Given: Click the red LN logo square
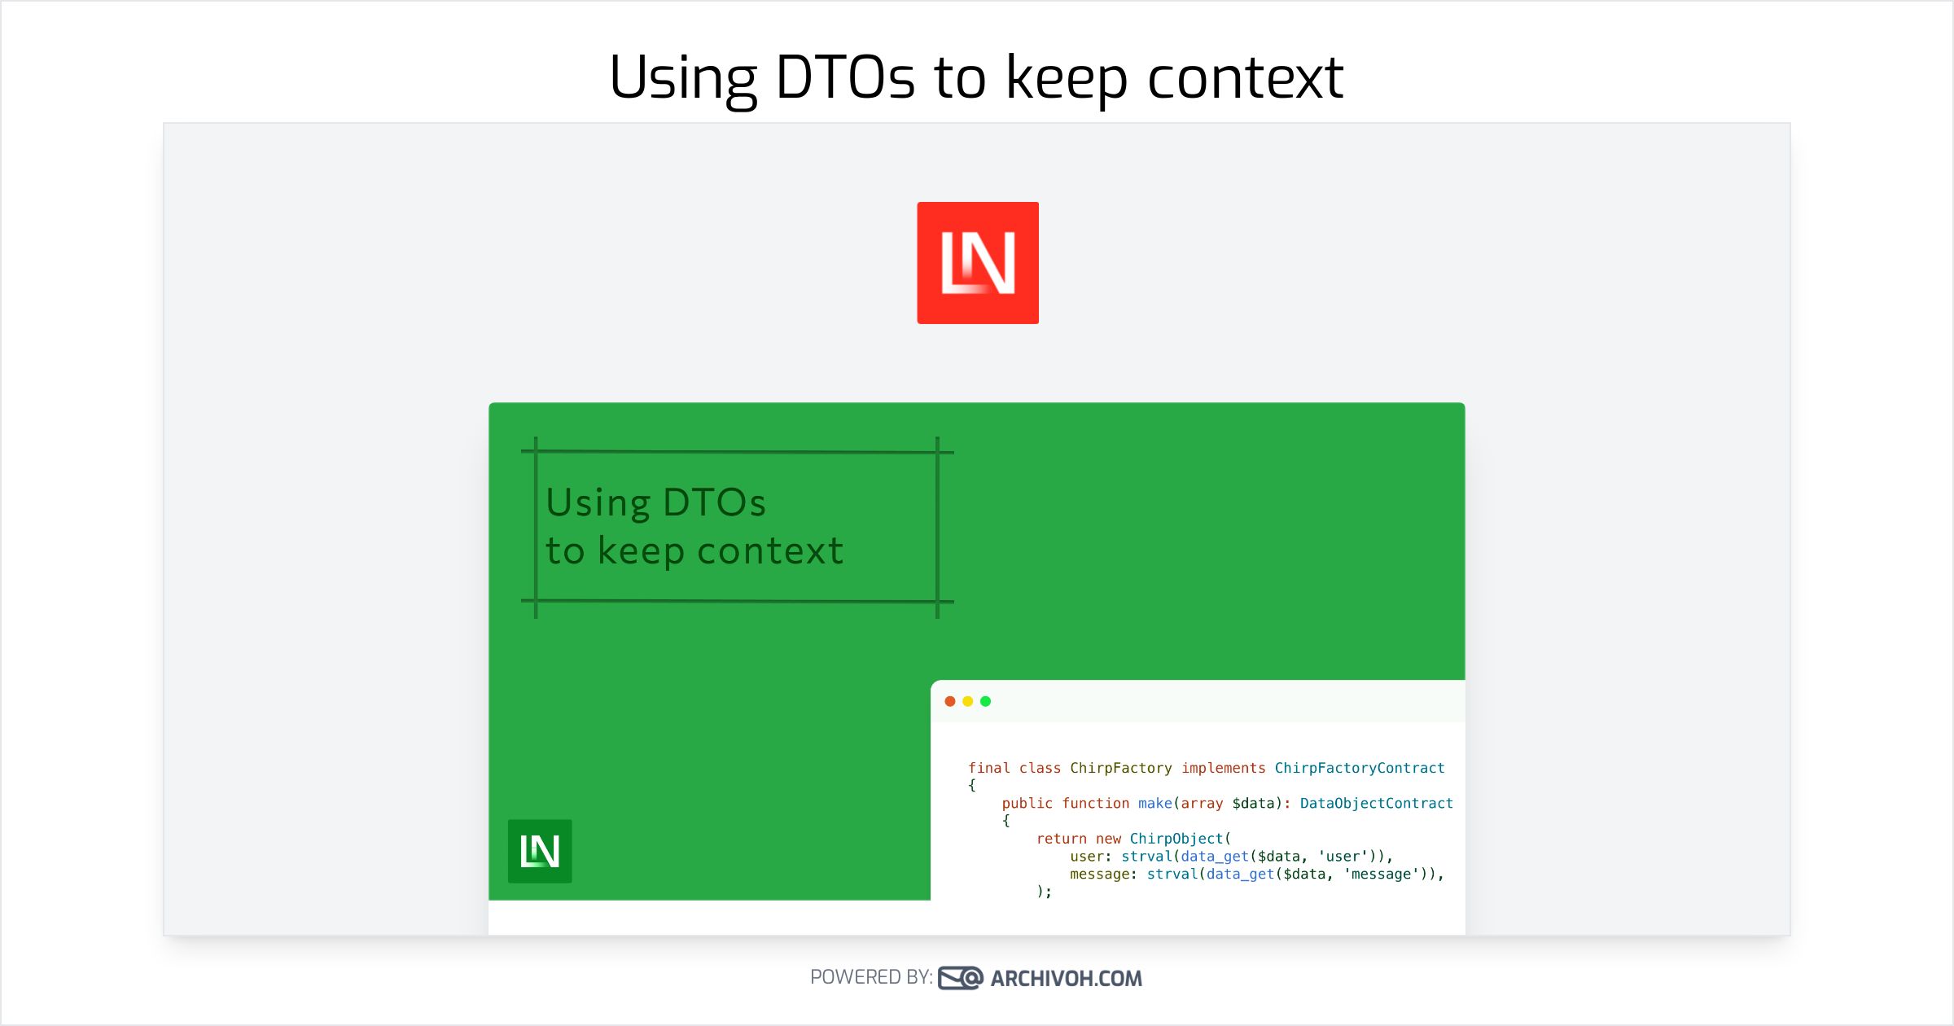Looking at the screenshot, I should click(x=977, y=262).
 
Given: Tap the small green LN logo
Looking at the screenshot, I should click(x=539, y=851).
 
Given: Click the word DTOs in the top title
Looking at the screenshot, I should click(x=845, y=77).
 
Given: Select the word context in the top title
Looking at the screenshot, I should click(x=1245, y=77).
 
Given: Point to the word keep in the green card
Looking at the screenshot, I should click(x=641, y=551).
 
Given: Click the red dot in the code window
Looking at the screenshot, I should click(x=949, y=701).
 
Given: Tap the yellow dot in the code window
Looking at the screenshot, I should click(x=967, y=701).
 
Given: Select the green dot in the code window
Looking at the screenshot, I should click(x=985, y=701).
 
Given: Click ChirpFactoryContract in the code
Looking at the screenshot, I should click(x=1359, y=768).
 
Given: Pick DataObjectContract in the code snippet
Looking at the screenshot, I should click(x=1376, y=804).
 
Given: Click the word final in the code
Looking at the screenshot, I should click(x=988, y=768).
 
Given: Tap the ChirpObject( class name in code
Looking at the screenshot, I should click(x=1179, y=839).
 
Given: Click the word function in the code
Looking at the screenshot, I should click(x=1095, y=804).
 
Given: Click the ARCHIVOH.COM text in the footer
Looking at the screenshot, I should click(x=1066, y=978).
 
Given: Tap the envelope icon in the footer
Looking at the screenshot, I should click(x=960, y=978).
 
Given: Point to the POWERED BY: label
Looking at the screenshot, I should click(x=870, y=977).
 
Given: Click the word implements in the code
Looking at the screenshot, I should click(x=1223, y=768).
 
